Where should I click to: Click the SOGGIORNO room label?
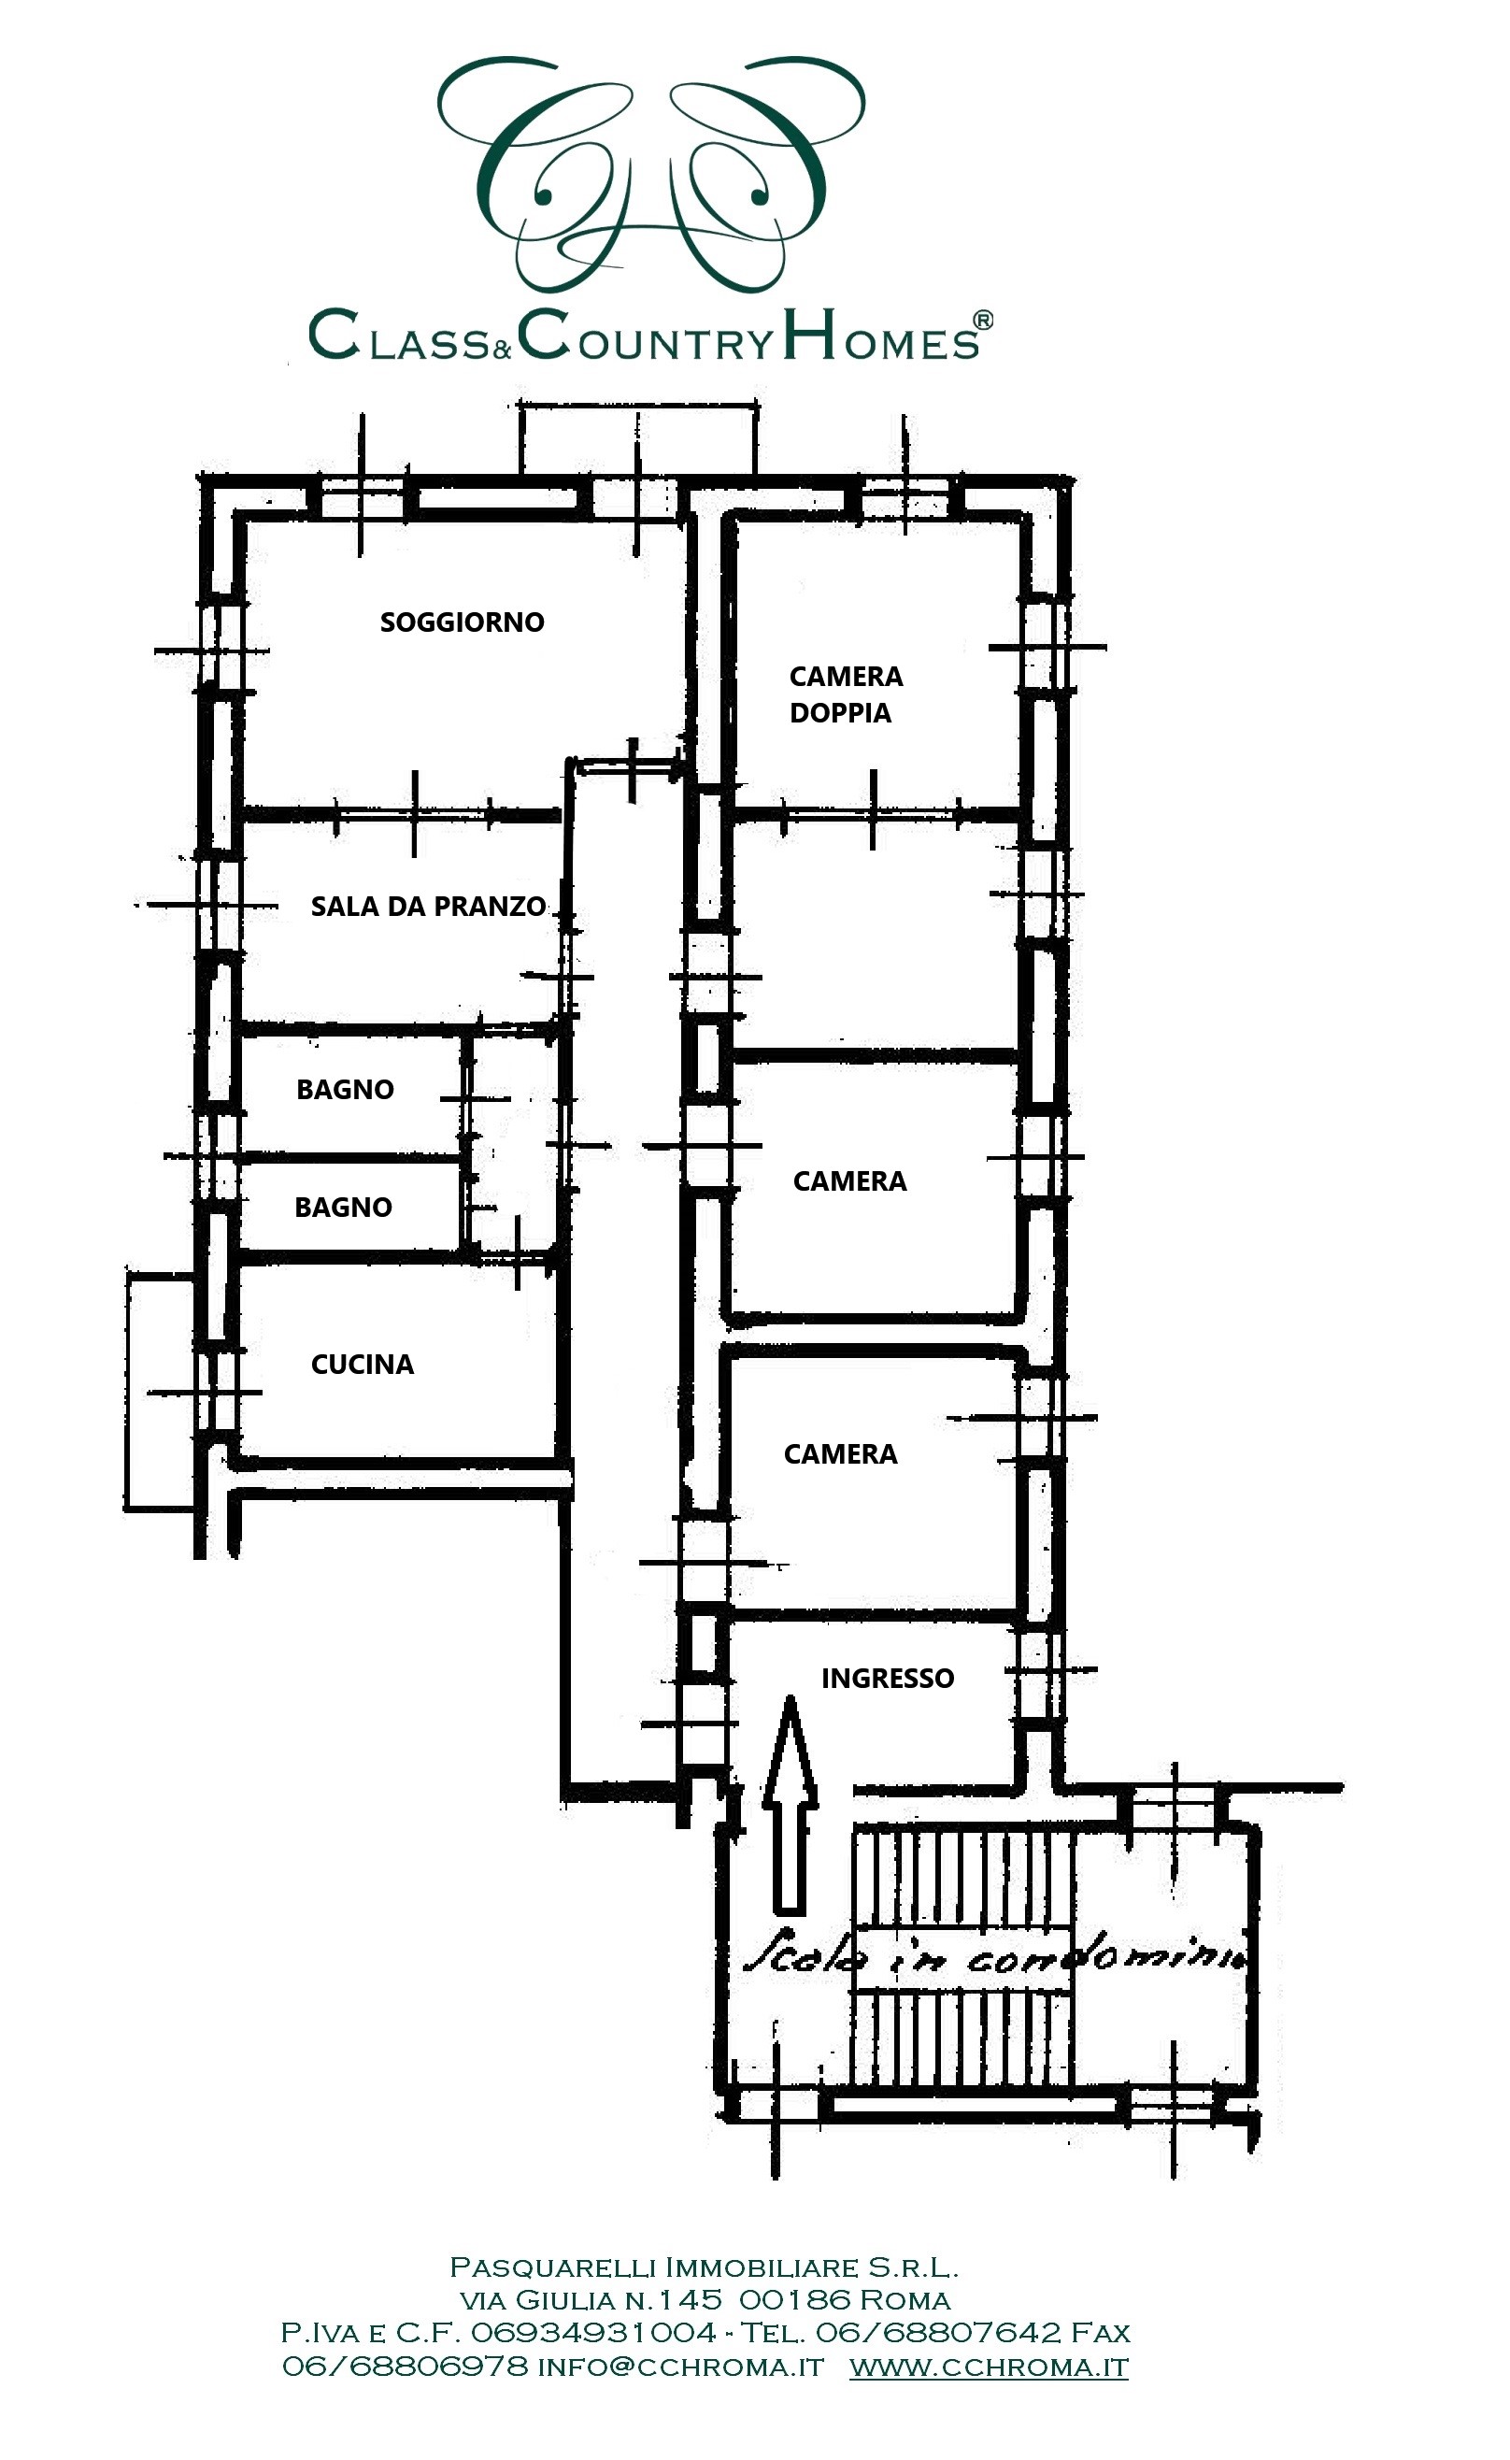(463, 622)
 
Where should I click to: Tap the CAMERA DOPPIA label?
(846, 694)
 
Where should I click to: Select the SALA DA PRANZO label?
(429, 907)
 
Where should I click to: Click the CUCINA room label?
(363, 1365)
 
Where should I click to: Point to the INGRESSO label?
(888, 1678)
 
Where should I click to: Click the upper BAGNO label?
(346, 1090)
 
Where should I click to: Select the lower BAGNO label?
(344, 1208)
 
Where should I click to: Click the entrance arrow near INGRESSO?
(790, 1804)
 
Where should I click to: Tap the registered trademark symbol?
(983, 320)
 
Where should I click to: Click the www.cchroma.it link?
(989, 2368)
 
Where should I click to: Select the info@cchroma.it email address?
(681, 2368)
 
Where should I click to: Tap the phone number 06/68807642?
(938, 2333)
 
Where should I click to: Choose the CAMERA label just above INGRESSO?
(841, 1454)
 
